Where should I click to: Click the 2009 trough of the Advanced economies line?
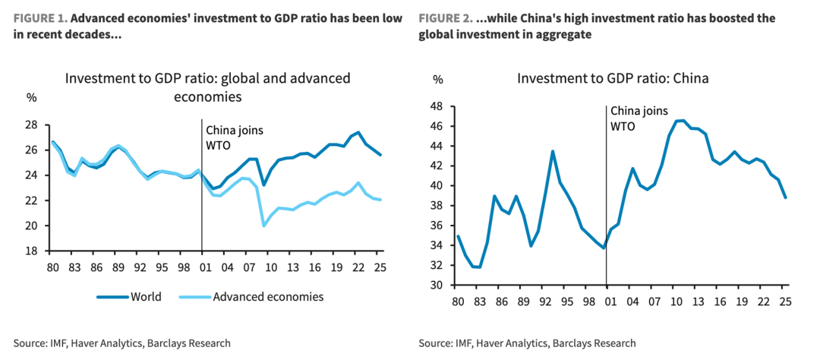click(x=263, y=226)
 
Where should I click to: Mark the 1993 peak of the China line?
click(x=552, y=151)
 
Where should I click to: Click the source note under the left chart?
click(x=121, y=343)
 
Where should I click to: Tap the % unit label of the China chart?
click(x=437, y=79)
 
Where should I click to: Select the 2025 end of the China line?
click(x=785, y=197)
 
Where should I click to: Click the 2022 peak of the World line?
click(x=358, y=132)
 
